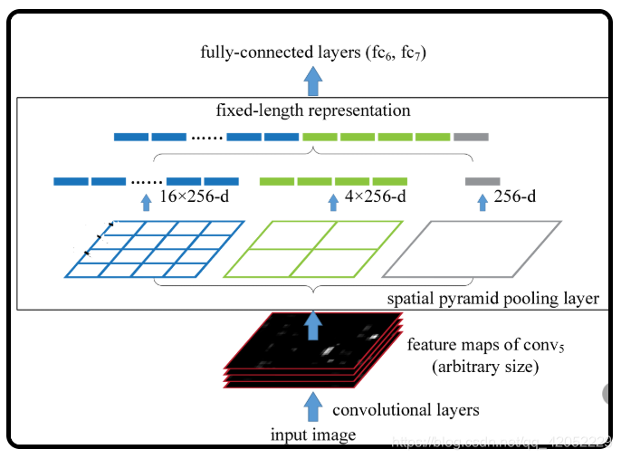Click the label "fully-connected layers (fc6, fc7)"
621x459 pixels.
click(x=312, y=52)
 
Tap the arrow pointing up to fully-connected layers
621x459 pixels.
click(x=313, y=81)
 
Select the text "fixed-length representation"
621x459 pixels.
click(x=313, y=111)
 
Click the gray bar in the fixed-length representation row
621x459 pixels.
click(x=471, y=137)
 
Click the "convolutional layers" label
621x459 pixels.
click(x=405, y=410)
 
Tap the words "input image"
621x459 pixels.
click(x=313, y=435)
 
